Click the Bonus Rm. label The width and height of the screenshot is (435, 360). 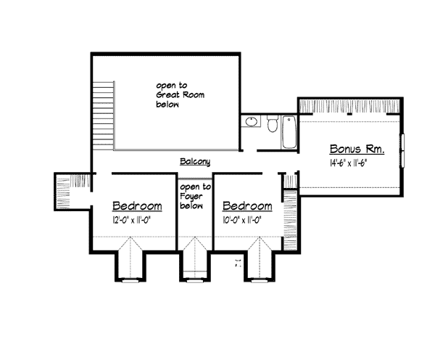(x=357, y=150)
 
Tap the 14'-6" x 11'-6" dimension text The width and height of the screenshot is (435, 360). (x=349, y=163)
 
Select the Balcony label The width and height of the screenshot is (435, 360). (x=195, y=162)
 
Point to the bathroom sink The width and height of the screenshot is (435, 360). (x=252, y=121)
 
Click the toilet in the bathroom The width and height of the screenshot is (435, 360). (x=273, y=123)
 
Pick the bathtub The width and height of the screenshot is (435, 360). (x=289, y=132)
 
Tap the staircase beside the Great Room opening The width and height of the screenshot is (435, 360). (x=103, y=115)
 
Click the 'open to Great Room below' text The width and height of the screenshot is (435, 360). (x=181, y=95)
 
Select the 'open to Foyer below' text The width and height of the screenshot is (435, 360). (x=195, y=197)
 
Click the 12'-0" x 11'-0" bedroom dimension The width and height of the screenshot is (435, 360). (x=132, y=220)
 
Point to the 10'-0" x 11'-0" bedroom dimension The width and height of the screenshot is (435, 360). (x=242, y=220)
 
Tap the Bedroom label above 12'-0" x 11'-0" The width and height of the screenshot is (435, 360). (x=137, y=206)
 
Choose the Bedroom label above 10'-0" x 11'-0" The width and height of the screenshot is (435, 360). (x=247, y=206)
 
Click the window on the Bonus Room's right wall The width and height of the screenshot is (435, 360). (x=402, y=151)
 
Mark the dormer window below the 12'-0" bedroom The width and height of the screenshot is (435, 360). (x=130, y=281)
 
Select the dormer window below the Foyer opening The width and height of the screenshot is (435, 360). (x=195, y=281)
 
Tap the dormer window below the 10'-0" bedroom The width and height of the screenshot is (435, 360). (x=260, y=281)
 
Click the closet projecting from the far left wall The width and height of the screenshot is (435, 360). (x=72, y=192)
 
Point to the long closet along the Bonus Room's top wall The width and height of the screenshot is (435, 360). (x=350, y=105)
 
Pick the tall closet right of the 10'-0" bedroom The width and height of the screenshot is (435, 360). (x=290, y=219)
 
